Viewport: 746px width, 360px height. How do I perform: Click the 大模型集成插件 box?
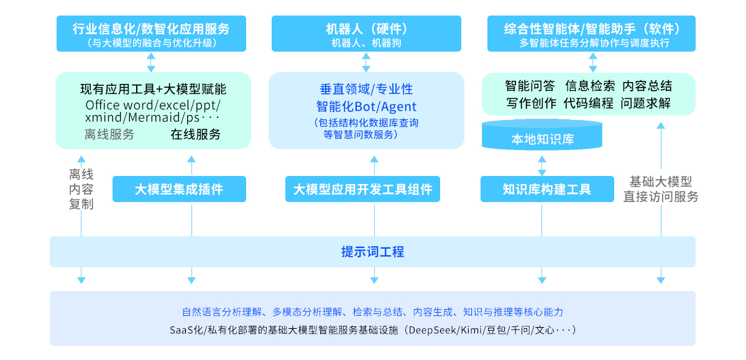[179, 189]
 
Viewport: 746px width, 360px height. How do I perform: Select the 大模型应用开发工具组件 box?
[362, 189]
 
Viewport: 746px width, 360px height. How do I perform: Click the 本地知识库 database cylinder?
[542, 138]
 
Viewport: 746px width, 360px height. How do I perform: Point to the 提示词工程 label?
[372, 252]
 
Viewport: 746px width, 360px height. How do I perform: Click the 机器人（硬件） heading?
[366, 29]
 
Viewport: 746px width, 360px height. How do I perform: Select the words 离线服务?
[109, 134]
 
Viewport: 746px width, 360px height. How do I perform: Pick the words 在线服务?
[195, 134]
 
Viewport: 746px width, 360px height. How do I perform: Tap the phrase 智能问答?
[530, 86]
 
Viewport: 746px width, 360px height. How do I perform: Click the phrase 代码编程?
[588, 103]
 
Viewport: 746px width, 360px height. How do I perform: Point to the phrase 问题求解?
[645, 103]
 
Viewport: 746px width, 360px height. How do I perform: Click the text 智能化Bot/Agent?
[366, 106]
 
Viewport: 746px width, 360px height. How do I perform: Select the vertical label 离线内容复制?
[81, 189]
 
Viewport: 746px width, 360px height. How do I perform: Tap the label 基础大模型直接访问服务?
[660, 189]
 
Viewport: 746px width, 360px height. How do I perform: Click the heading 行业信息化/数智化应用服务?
[150, 29]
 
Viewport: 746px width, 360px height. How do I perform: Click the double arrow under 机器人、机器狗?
[366, 62]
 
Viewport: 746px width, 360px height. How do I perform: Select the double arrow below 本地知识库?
[542, 164]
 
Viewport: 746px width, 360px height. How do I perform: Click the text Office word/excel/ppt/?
[153, 104]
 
